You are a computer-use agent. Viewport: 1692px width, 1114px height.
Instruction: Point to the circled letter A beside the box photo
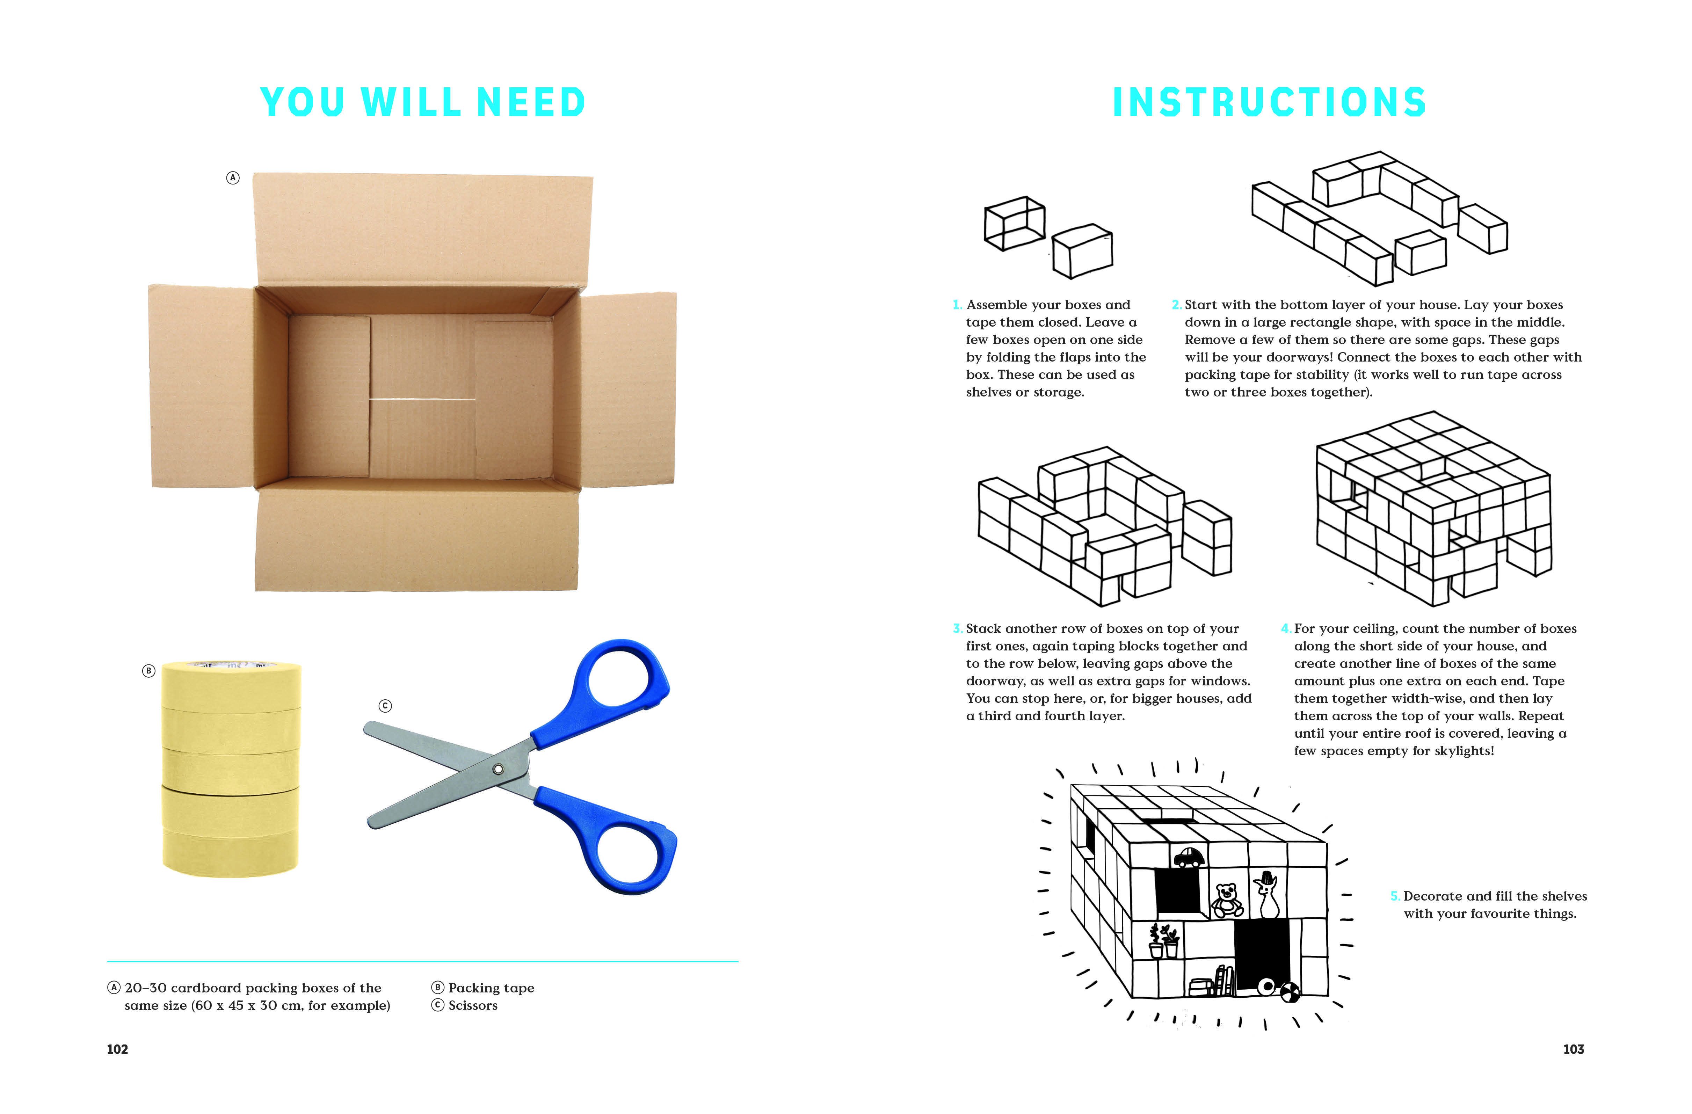coord(232,178)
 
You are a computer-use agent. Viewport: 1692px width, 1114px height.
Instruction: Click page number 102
coord(117,1049)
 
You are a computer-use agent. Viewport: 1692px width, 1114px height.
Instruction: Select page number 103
coord(1573,1049)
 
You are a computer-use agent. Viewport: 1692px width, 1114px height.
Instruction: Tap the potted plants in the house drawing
coord(1164,940)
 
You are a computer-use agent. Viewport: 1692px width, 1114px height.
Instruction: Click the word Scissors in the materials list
coord(473,1005)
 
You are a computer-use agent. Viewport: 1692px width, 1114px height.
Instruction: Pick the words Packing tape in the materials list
coord(491,988)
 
